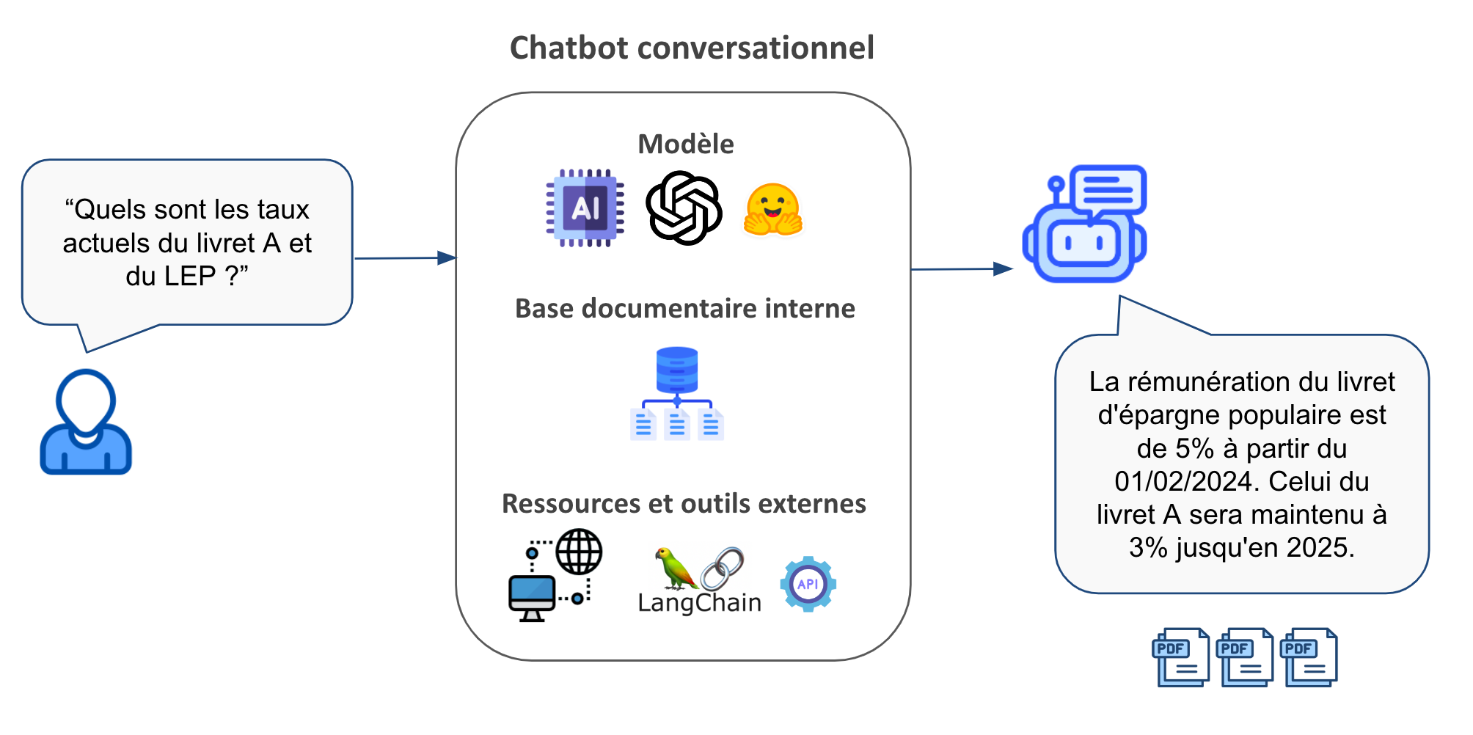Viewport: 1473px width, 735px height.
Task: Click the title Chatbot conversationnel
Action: tap(692, 48)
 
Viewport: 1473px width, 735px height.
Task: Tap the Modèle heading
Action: tap(685, 144)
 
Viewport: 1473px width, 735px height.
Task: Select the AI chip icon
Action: tap(585, 208)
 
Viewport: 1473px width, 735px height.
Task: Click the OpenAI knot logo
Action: tap(684, 208)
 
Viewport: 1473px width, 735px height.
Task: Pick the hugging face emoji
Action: tap(773, 210)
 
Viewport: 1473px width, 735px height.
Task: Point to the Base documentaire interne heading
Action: tap(684, 309)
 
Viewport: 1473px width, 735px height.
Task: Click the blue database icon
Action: tap(676, 370)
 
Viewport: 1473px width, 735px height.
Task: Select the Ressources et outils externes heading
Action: tap(684, 504)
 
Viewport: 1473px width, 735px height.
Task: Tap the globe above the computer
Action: tap(579, 552)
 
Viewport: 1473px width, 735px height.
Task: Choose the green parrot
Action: tap(674, 568)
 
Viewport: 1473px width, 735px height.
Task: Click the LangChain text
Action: tap(699, 603)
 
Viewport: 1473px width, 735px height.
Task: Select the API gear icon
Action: tap(808, 584)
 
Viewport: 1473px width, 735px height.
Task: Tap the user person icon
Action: tap(86, 423)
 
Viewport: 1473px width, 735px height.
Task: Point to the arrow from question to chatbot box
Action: tap(405, 258)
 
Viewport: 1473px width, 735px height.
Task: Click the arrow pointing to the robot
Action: tap(962, 269)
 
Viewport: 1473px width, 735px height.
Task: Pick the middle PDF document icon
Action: tap(1245, 657)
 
